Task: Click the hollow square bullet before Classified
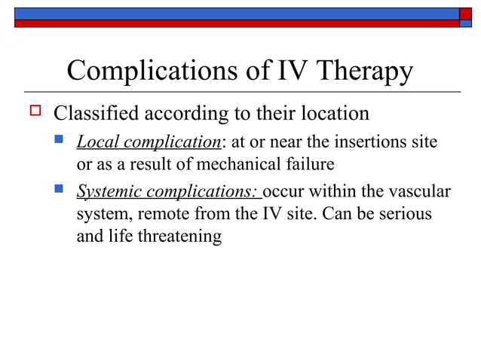coord(33,113)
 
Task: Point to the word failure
coord(308,162)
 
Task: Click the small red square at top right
coord(465,13)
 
